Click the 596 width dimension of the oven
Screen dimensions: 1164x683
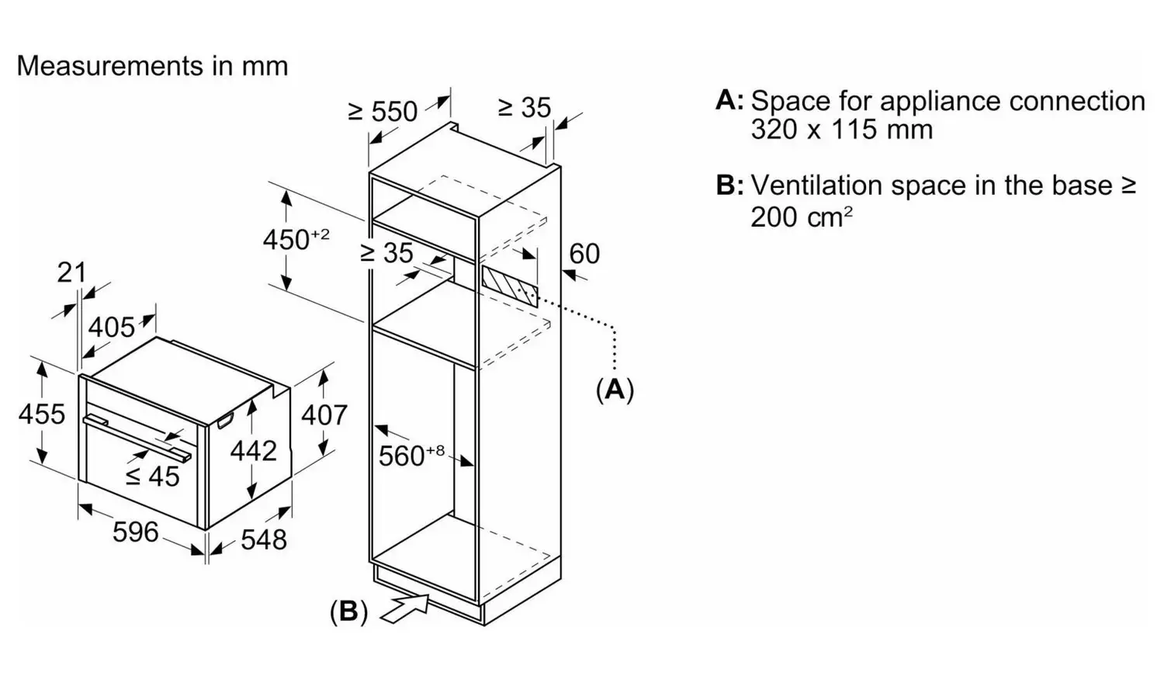(x=136, y=532)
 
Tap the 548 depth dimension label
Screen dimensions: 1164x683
(x=264, y=539)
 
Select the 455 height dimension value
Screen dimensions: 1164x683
(x=42, y=414)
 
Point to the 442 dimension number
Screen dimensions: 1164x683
(x=253, y=451)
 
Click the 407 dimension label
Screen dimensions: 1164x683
(x=324, y=414)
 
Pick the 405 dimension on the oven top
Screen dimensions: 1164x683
(x=111, y=328)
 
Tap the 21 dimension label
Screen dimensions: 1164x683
(x=71, y=272)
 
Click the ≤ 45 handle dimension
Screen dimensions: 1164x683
(x=152, y=476)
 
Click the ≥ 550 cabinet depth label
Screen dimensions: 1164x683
(x=383, y=111)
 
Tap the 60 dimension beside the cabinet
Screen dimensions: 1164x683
(x=584, y=254)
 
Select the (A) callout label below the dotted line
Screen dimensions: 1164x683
(x=615, y=390)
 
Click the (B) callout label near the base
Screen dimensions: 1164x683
(x=349, y=611)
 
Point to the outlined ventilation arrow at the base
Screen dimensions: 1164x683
(x=406, y=608)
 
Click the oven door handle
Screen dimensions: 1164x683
(x=137, y=436)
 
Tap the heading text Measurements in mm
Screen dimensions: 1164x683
(x=152, y=66)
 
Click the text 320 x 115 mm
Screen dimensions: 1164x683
(x=842, y=129)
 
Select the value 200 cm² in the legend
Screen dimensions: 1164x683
(x=802, y=217)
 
